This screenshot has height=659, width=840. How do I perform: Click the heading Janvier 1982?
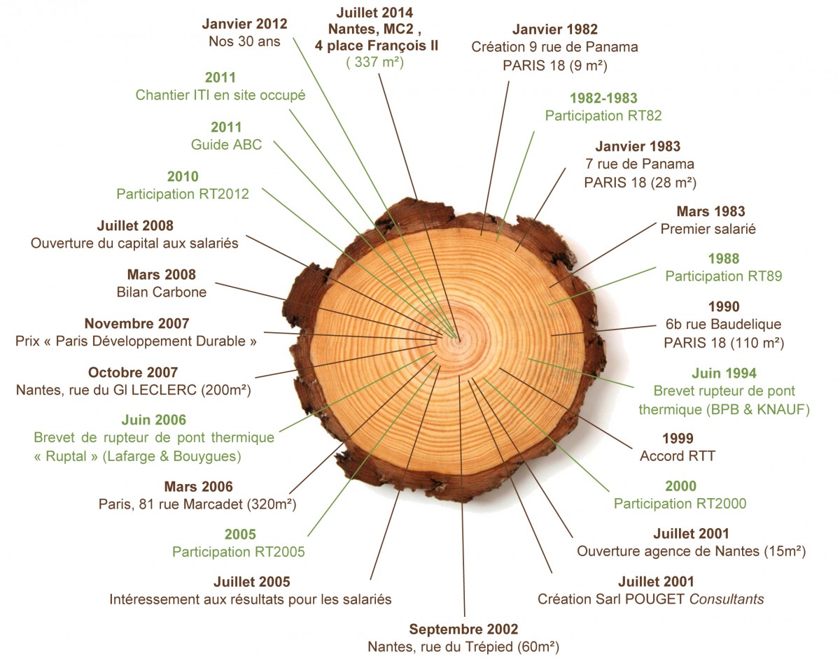point(554,29)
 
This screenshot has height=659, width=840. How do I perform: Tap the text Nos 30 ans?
point(244,41)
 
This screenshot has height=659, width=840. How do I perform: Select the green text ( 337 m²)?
point(374,62)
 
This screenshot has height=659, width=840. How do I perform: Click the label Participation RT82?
point(603,115)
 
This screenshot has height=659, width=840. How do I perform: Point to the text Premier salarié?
point(708,229)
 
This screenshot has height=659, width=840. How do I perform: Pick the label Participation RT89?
point(723,276)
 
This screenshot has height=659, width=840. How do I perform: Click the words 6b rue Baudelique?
point(723,324)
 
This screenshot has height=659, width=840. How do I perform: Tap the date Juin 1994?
point(724,373)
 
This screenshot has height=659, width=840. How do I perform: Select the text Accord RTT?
point(678,456)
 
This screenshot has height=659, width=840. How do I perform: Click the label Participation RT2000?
point(680,503)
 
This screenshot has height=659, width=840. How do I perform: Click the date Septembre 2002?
point(463,629)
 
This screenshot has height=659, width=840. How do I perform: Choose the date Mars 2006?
point(198,487)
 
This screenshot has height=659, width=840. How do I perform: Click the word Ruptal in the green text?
point(66,456)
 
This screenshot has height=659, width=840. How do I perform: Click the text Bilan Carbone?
point(162,292)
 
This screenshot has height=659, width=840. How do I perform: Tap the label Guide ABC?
point(226,145)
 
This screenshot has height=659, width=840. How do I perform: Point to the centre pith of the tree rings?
point(458,340)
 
